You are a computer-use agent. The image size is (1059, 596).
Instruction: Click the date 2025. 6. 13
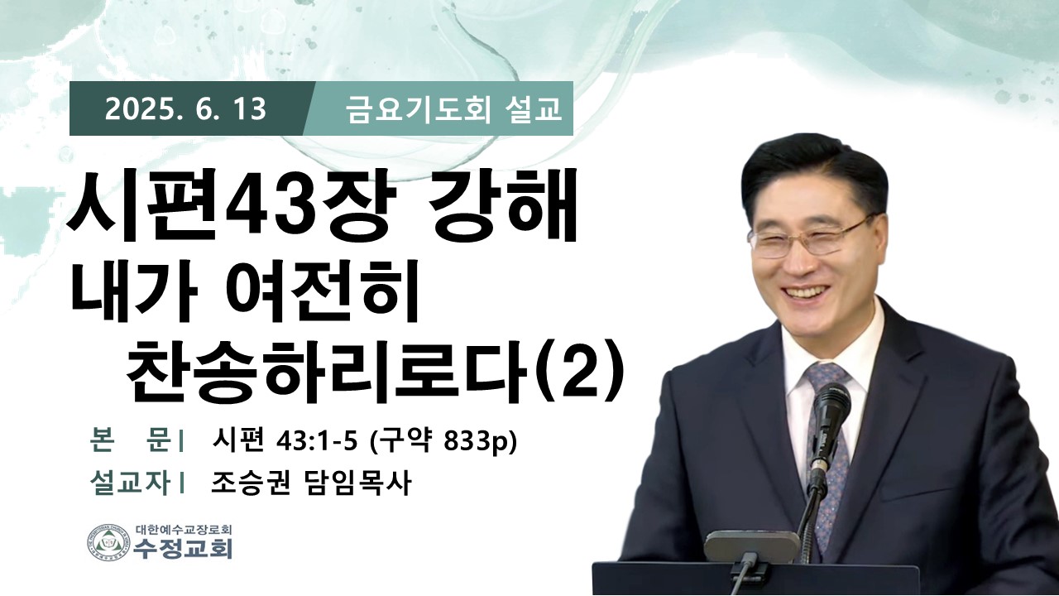coord(185,109)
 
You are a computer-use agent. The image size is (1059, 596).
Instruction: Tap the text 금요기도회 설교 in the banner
coord(454,110)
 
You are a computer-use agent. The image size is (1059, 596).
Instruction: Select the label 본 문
coord(130,442)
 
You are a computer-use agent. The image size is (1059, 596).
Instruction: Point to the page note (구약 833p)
coord(443,443)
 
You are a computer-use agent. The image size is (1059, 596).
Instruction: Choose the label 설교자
coord(130,483)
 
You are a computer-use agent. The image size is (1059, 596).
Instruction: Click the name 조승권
coord(251,483)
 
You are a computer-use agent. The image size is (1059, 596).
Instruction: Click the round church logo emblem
coord(108,542)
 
